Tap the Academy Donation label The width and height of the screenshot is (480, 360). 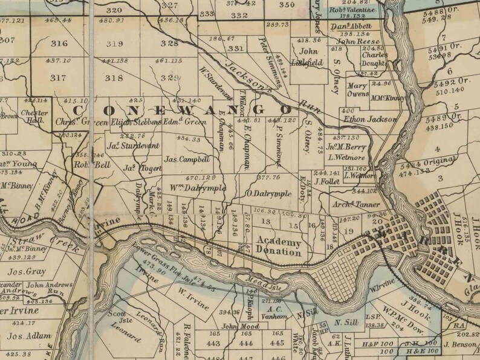tap(279, 246)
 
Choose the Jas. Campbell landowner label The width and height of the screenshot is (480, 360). tap(187, 160)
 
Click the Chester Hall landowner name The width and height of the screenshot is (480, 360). tap(30, 116)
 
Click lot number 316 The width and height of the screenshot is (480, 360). tap(59, 43)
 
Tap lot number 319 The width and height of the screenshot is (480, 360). tap(115, 43)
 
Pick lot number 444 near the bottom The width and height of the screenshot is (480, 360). tap(245, 344)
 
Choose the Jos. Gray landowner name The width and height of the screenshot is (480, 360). tap(27, 272)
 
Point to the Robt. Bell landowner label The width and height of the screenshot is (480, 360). tap(92, 164)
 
